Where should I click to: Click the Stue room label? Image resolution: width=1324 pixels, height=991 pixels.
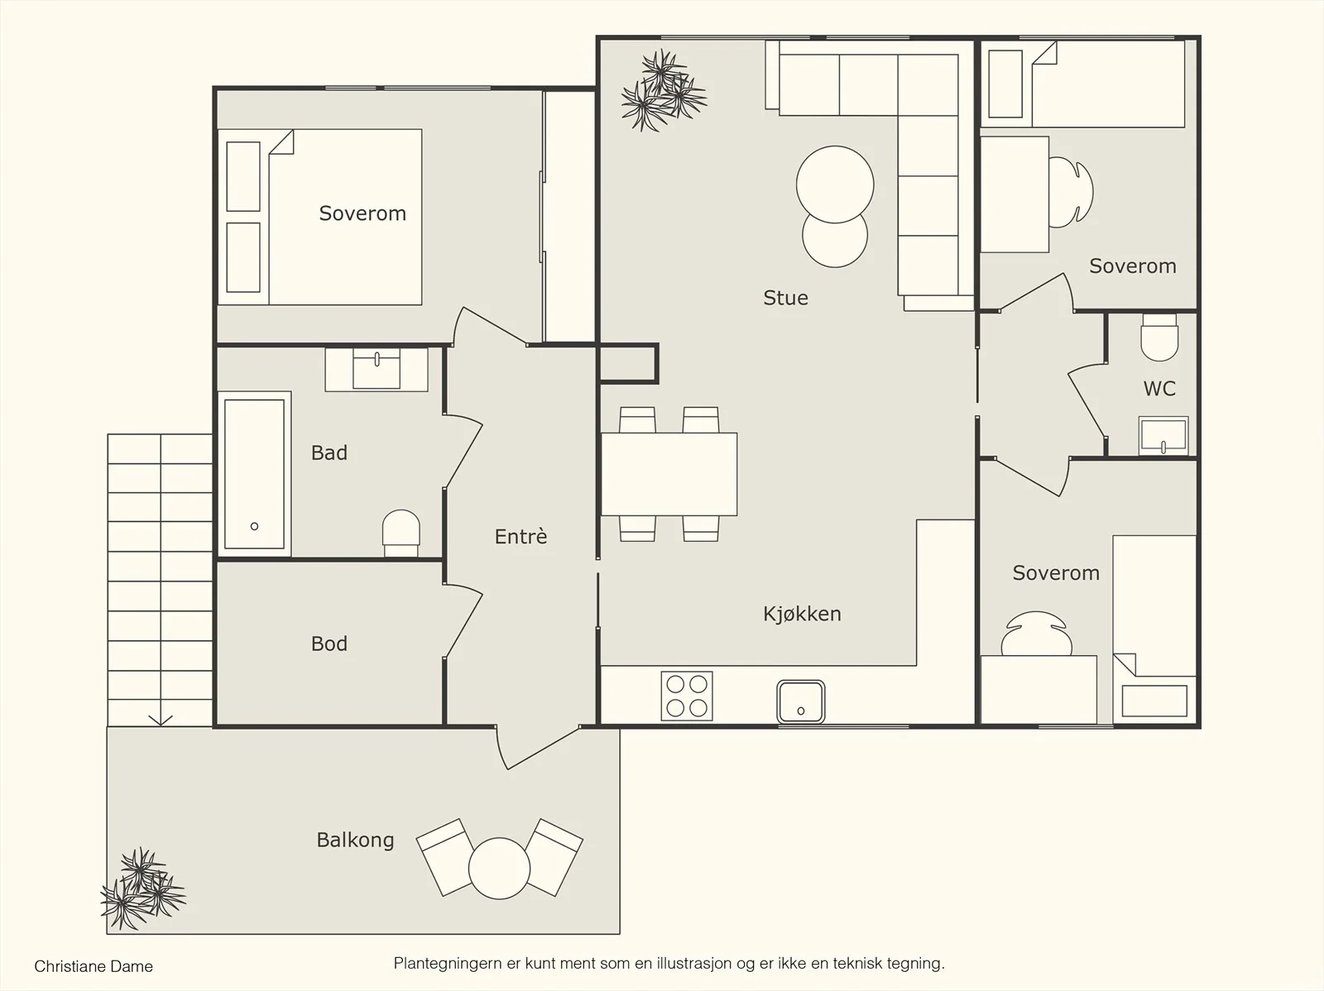click(785, 298)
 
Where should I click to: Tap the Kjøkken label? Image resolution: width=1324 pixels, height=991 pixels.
click(802, 614)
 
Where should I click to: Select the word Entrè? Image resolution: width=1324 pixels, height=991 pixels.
click(520, 536)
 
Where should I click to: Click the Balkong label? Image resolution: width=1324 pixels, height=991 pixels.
click(355, 840)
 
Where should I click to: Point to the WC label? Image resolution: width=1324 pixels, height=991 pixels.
click(1159, 389)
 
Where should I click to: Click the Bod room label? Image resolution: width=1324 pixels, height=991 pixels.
click(329, 644)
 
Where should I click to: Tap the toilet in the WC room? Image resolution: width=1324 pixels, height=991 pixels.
click(1159, 338)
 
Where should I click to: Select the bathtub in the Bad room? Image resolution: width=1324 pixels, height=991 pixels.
click(255, 474)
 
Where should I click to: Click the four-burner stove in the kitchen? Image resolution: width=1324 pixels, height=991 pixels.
click(687, 696)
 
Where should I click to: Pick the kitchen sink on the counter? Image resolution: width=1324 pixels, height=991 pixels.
click(800, 701)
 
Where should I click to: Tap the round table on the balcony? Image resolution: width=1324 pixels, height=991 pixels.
click(499, 868)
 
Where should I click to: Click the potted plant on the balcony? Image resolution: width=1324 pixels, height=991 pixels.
click(143, 888)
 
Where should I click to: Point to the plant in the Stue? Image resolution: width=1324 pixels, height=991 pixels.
click(664, 90)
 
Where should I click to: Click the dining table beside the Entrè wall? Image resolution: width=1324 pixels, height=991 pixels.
click(669, 474)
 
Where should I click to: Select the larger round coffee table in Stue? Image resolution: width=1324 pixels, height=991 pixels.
click(835, 184)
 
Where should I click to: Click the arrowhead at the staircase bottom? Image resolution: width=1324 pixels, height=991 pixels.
click(161, 721)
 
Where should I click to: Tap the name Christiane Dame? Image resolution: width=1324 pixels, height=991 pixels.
click(94, 966)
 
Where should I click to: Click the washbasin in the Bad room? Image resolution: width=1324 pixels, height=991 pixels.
click(377, 370)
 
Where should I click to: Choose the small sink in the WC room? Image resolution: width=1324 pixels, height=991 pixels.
click(1163, 436)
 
